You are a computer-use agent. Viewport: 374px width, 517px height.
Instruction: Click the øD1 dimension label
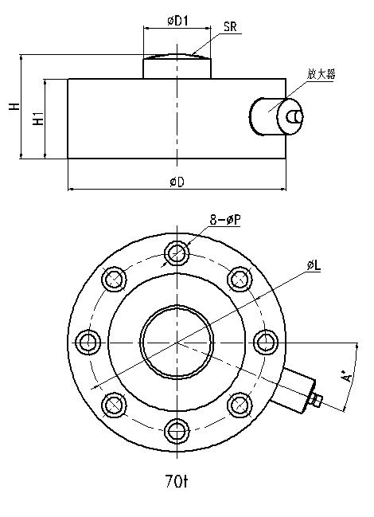(177, 21)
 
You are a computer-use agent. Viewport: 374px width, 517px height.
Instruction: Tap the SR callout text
(231, 27)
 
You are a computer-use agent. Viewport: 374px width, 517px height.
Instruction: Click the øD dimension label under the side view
(177, 182)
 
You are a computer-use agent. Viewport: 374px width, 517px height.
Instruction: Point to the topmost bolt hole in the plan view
(177, 254)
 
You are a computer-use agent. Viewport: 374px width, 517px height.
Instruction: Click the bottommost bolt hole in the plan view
(177, 431)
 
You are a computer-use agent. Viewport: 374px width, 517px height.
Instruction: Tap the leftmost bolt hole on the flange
(88, 343)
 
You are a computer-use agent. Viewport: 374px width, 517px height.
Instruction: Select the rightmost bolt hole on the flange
(265, 343)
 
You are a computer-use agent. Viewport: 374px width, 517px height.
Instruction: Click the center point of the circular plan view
(177, 343)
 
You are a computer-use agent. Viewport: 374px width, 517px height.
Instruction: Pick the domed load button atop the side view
(177, 65)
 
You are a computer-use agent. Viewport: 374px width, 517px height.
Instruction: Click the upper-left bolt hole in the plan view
(115, 280)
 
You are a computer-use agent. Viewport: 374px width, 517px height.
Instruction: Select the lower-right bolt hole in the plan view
(239, 405)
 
